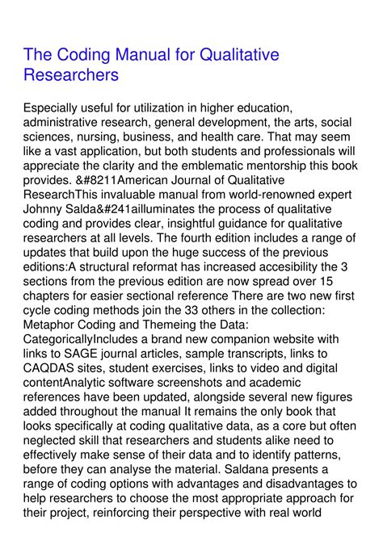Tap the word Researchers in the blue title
(x=72, y=75)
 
